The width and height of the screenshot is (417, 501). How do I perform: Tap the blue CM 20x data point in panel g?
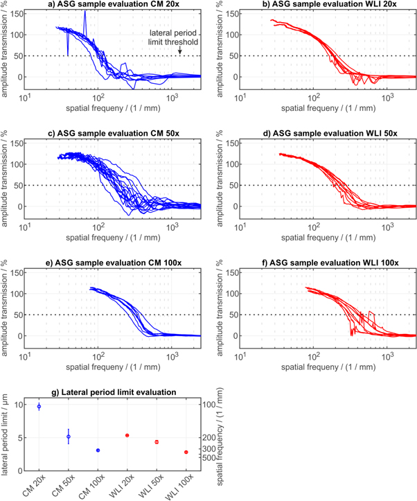pyautogui.click(x=39, y=406)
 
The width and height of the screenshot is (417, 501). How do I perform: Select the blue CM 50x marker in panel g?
pyautogui.click(x=69, y=437)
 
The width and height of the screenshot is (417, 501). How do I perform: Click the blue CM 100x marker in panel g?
pyautogui.click(x=98, y=450)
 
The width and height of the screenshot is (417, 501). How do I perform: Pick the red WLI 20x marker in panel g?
pyautogui.click(x=127, y=435)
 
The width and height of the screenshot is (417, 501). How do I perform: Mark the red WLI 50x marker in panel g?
pyautogui.click(x=157, y=442)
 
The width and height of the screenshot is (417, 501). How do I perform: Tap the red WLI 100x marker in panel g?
pyautogui.click(x=186, y=452)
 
